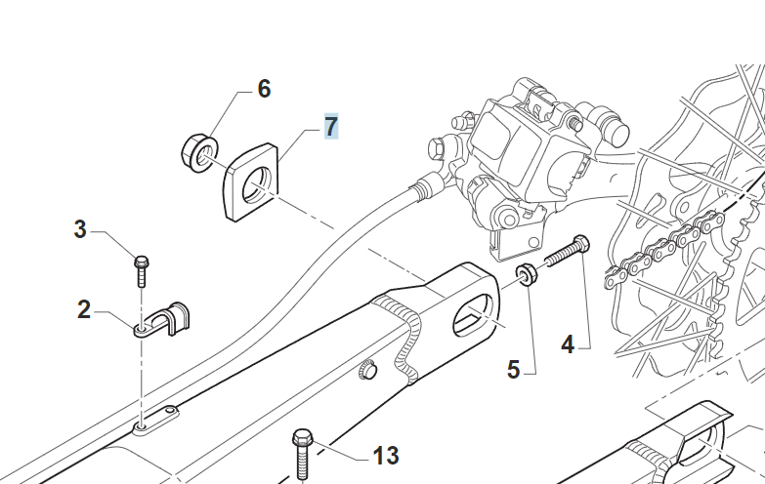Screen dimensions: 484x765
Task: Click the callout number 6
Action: click(264, 89)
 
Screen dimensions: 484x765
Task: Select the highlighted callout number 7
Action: click(331, 126)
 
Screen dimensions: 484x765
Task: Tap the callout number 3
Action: click(80, 230)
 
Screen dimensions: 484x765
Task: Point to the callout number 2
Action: click(85, 310)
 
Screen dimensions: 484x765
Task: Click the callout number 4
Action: click(568, 343)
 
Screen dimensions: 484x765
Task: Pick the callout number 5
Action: click(513, 369)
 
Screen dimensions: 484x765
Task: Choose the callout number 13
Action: click(386, 455)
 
